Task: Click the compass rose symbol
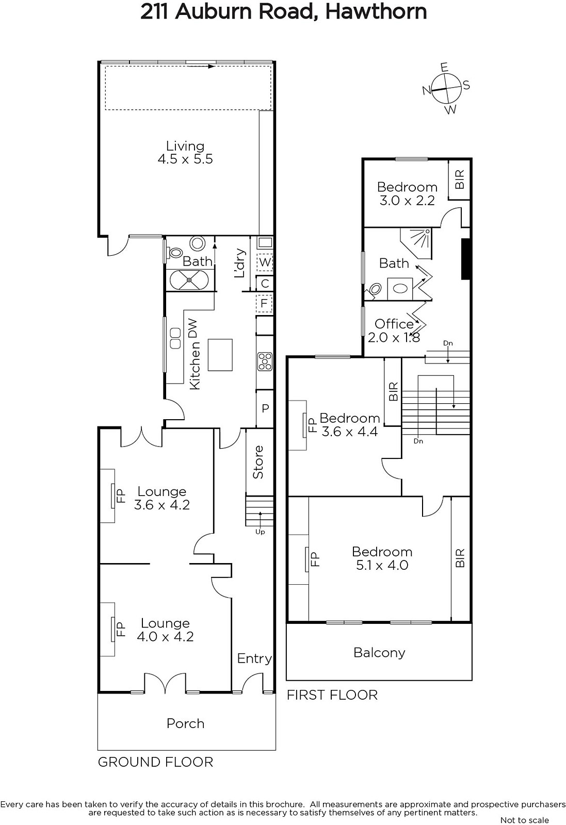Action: tap(446, 89)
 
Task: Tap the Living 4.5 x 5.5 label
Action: tap(185, 153)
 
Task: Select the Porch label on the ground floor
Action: tap(185, 724)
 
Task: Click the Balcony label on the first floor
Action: tap(379, 653)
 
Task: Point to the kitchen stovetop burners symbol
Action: tap(265, 361)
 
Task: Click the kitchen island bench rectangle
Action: tap(220, 355)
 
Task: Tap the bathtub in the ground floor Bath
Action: tap(189, 280)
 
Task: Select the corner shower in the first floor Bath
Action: tap(416, 243)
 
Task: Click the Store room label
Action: tap(258, 462)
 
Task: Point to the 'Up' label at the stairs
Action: tap(260, 532)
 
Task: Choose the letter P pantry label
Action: tap(265, 408)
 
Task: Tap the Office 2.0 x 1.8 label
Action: tap(394, 331)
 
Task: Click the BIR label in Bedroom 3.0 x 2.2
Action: tap(460, 179)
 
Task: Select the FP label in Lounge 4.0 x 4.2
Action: tap(121, 630)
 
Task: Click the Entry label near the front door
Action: tap(254, 658)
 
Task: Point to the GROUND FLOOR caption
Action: tap(155, 762)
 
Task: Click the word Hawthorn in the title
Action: tap(376, 12)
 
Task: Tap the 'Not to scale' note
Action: tap(525, 820)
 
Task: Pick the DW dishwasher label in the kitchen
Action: tap(193, 328)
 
